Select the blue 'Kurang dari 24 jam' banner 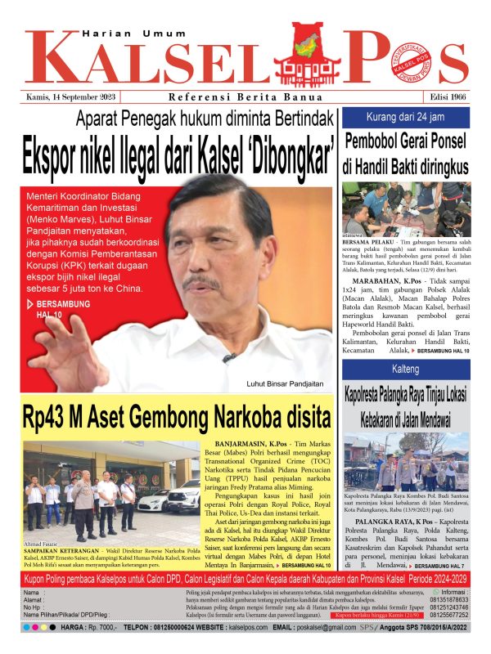(405, 115)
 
